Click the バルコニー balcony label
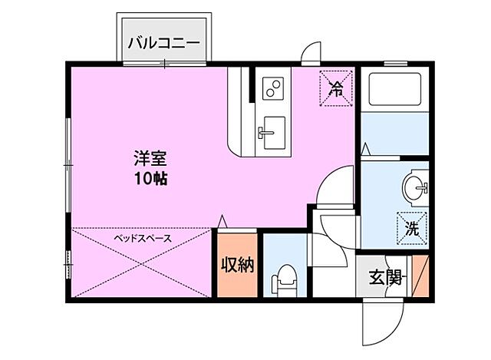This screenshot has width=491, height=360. click(x=163, y=41)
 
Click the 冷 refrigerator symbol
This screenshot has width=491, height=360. click(x=334, y=86)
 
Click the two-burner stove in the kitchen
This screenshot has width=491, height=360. click(x=272, y=89)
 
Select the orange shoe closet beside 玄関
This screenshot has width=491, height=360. click(x=421, y=277)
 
